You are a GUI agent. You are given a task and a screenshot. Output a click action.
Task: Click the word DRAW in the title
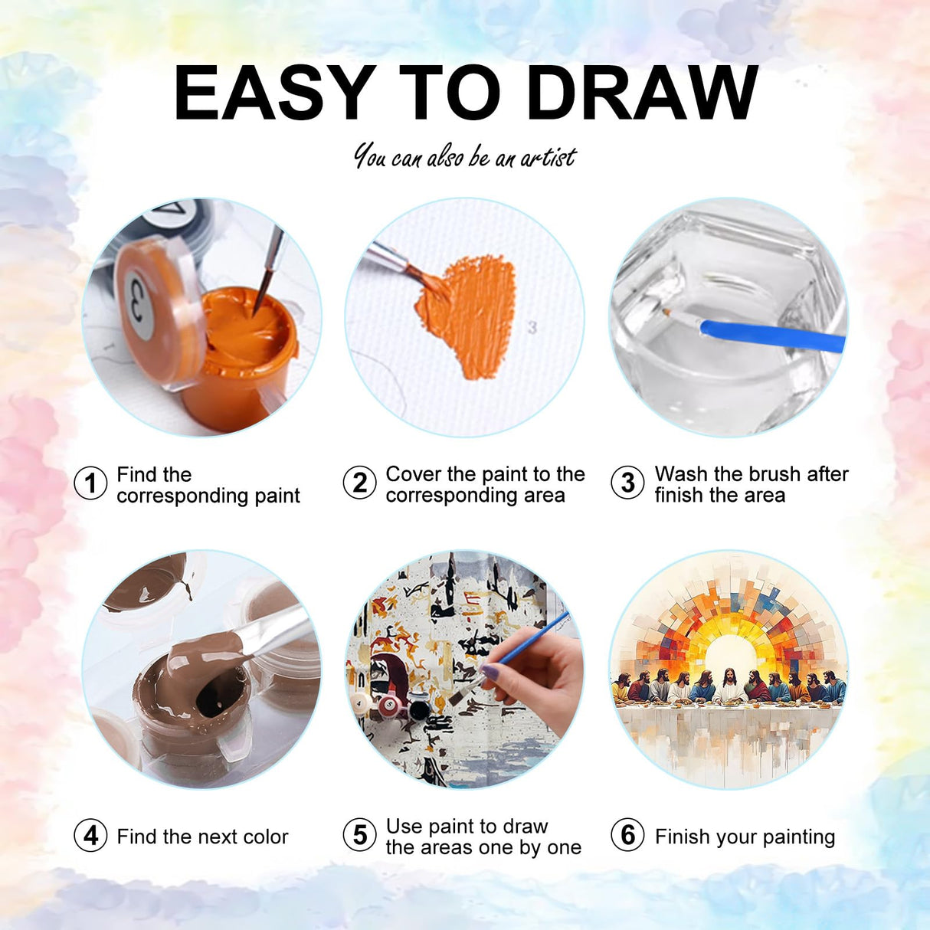tap(643, 92)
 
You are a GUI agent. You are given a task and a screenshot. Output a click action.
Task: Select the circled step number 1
tap(90, 483)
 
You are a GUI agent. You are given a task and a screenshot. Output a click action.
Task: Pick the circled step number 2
tap(359, 483)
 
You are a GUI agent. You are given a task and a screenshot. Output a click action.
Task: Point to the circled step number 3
tap(627, 483)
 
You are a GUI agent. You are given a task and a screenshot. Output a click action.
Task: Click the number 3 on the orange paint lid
tap(139, 305)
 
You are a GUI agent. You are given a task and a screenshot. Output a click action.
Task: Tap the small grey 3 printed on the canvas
tap(532, 328)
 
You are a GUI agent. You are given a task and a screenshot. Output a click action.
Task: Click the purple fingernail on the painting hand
tap(492, 671)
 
